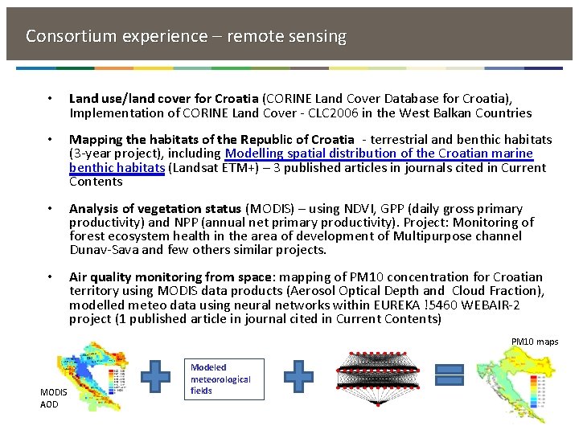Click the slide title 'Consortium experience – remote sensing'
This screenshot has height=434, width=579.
(186, 36)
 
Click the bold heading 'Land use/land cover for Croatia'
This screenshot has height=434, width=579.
(164, 99)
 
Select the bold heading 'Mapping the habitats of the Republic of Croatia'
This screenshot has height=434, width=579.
(211, 140)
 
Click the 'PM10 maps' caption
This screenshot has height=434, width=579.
(535, 342)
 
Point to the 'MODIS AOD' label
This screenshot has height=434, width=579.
(50, 398)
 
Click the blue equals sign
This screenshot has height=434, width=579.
(450, 376)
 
